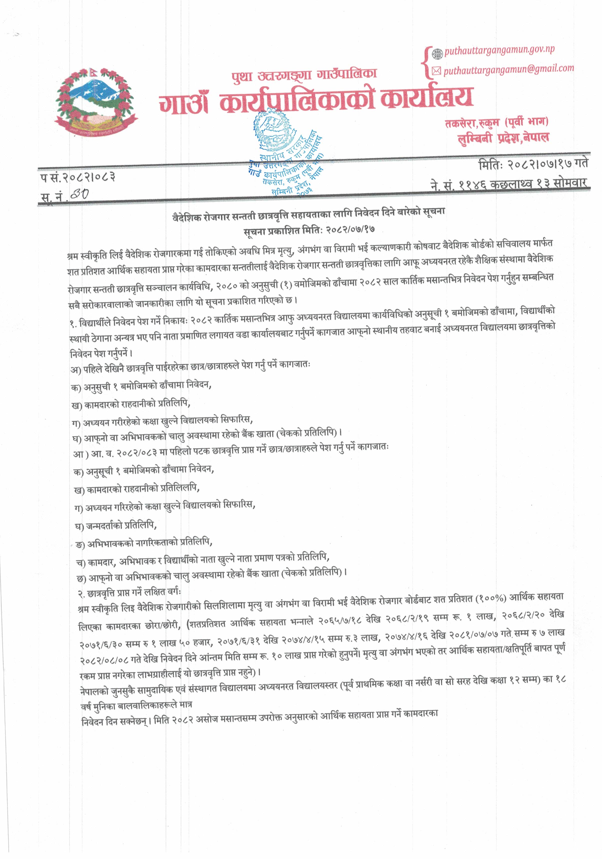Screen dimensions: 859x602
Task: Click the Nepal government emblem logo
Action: (x=96, y=102)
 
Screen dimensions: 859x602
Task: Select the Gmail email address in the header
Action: (x=508, y=69)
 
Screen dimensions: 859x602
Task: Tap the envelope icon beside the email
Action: (x=437, y=71)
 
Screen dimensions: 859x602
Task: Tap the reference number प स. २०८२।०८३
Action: (x=78, y=177)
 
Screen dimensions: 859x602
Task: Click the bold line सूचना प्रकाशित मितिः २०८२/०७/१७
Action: (x=309, y=230)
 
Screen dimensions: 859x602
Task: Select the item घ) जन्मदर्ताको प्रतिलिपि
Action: (x=116, y=526)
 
